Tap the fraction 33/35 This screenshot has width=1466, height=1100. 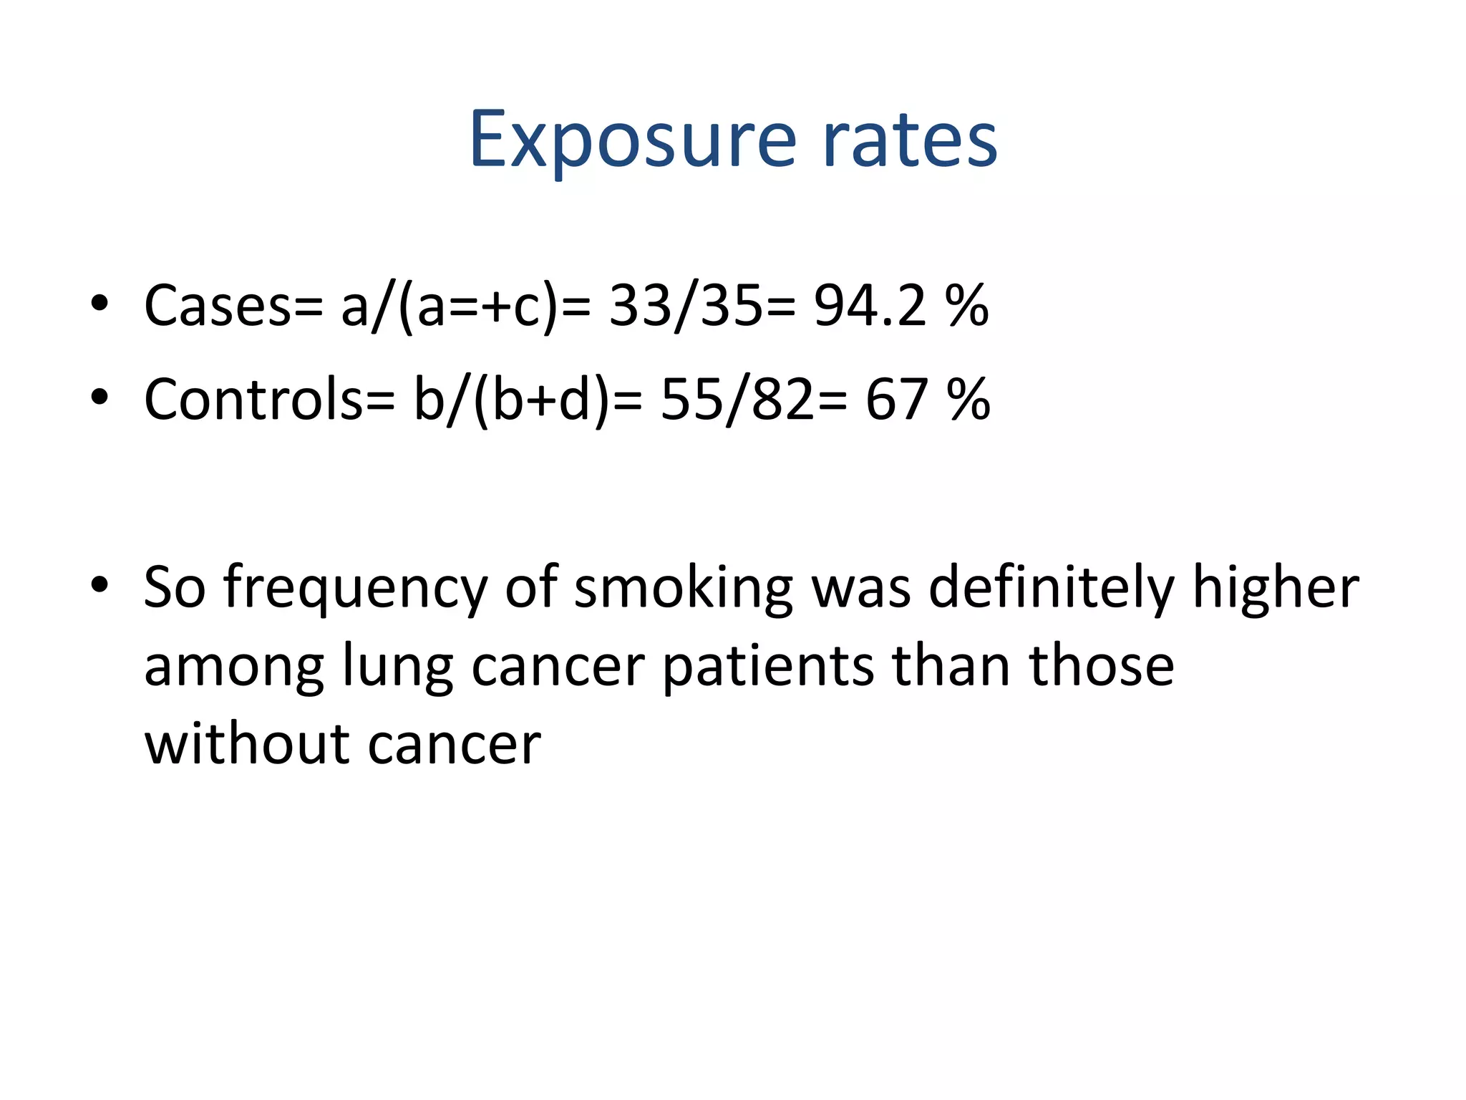point(685,306)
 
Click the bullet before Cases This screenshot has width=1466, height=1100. point(99,304)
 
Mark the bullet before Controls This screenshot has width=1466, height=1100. point(99,397)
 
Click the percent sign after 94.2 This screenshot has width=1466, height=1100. point(967,306)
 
